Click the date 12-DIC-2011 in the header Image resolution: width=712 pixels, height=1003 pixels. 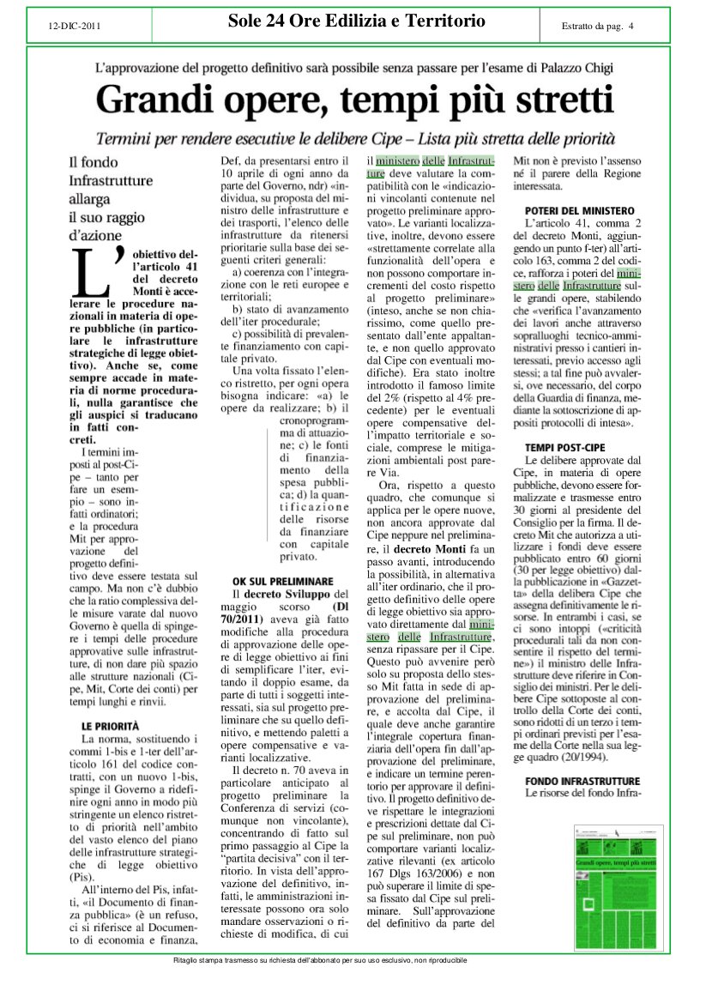pyautogui.click(x=75, y=26)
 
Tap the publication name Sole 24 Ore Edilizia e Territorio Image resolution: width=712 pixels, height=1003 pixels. pyautogui.click(x=357, y=21)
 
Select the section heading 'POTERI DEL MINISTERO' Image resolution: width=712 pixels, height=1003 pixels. pyautogui.click(x=579, y=211)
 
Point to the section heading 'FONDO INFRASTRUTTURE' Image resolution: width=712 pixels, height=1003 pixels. pyautogui.click(x=582, y=781)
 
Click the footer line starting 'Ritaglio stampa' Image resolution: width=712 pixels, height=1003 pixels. pyautogui.click(x=320, y=959)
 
